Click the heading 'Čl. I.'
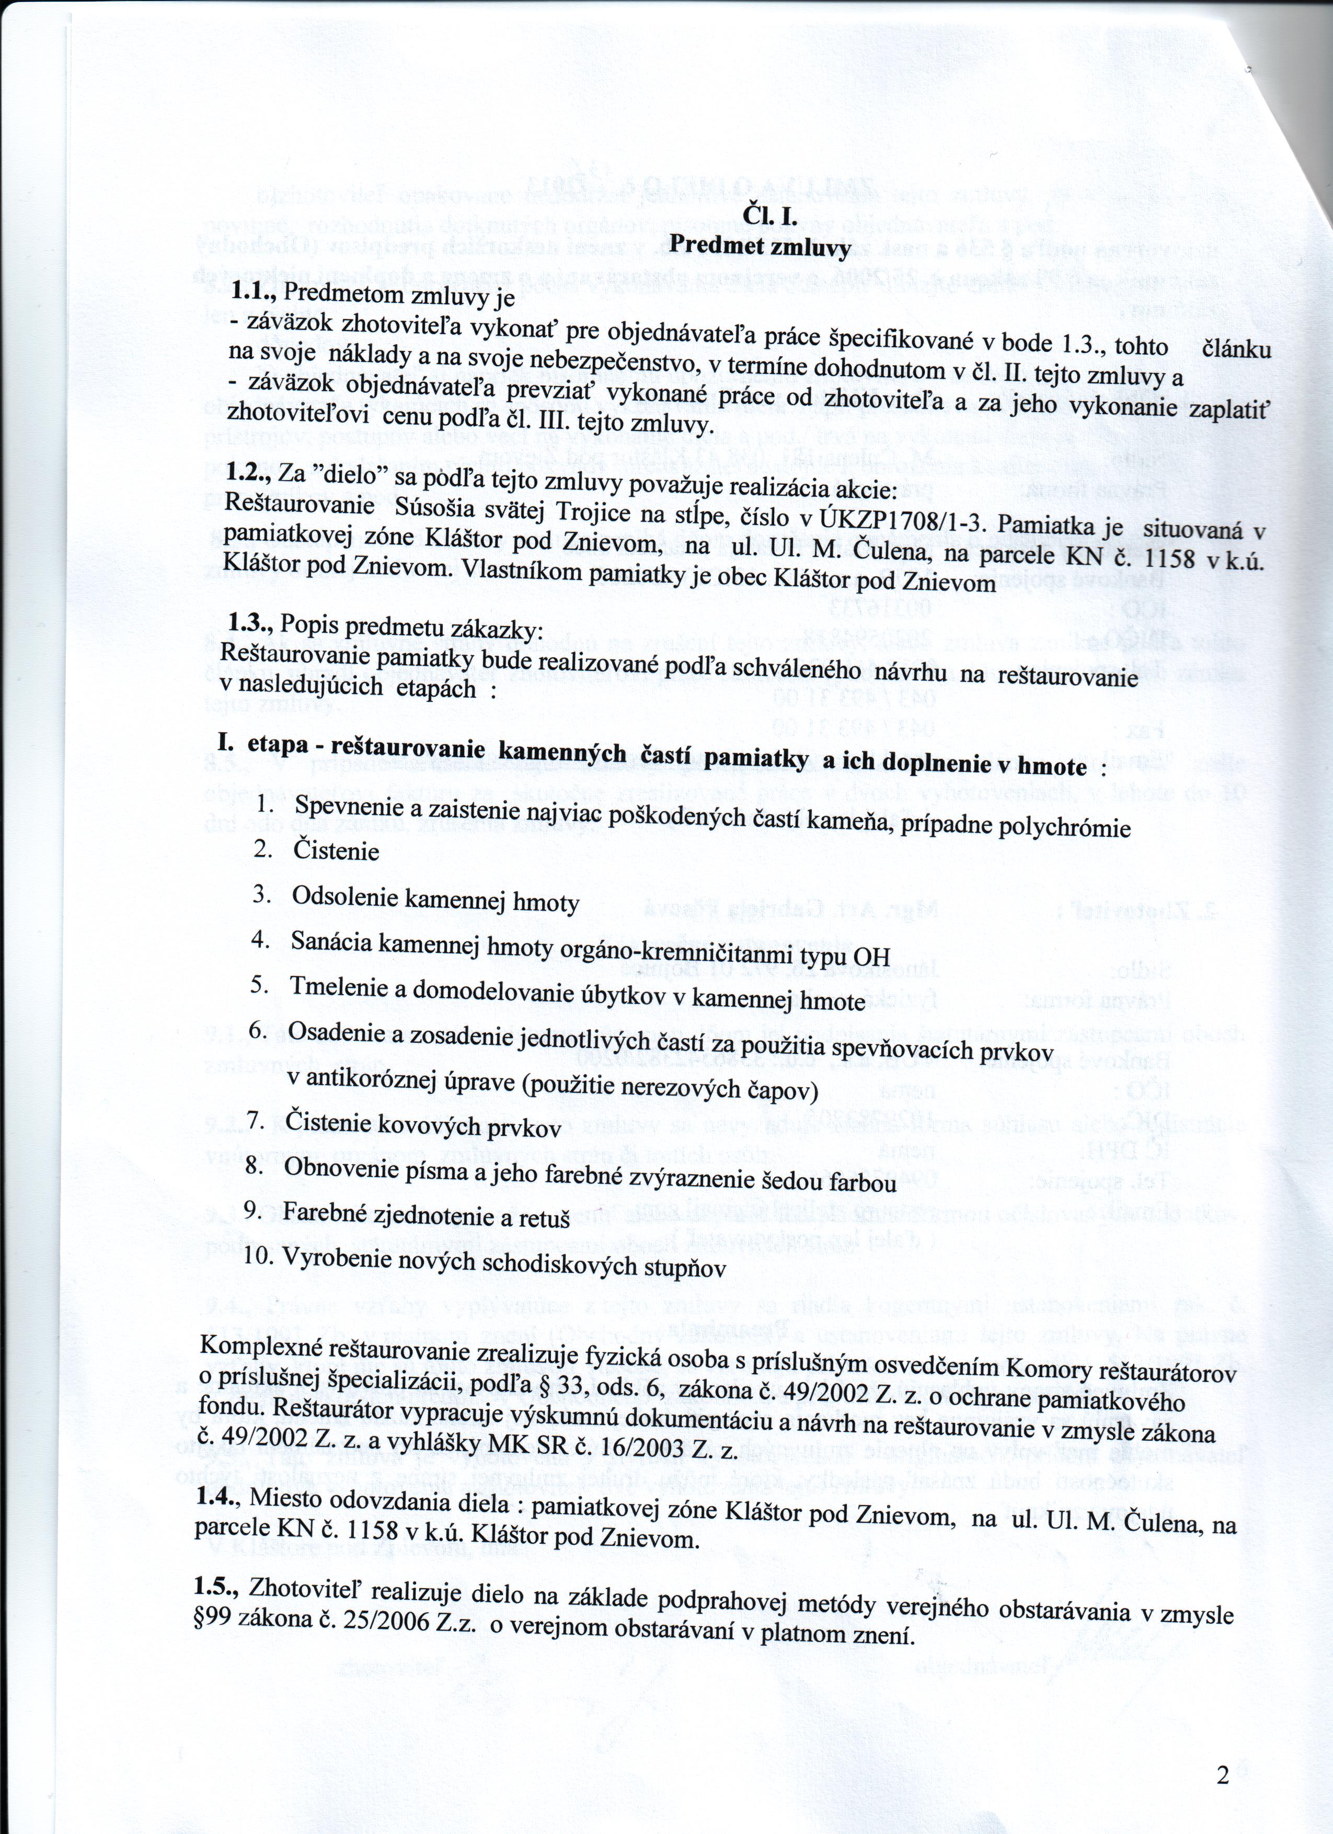point(769,217)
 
